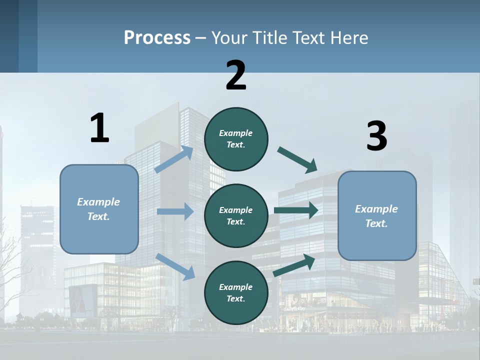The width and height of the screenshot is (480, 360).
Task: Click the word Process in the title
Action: tap(157, 38)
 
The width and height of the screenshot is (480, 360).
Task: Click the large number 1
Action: tap(99, 128)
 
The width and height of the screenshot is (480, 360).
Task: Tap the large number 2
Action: tap(236, 75)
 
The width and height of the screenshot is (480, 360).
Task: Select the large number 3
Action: tap(376, 136)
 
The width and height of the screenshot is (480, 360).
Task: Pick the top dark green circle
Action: tap(236, 139)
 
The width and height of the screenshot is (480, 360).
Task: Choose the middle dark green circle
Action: tap(236, 215)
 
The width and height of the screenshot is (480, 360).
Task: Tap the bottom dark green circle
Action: tap(236, 292)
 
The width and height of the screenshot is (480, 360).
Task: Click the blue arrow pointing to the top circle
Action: tap(173, 159)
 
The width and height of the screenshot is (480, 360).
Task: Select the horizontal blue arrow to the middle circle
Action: tap(175, 211)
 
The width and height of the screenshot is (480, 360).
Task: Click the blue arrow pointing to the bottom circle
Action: tap(175, 266)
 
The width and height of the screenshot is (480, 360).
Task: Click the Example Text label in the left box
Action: tap(98, 209)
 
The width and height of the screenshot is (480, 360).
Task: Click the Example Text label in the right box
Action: tap(376, 216)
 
